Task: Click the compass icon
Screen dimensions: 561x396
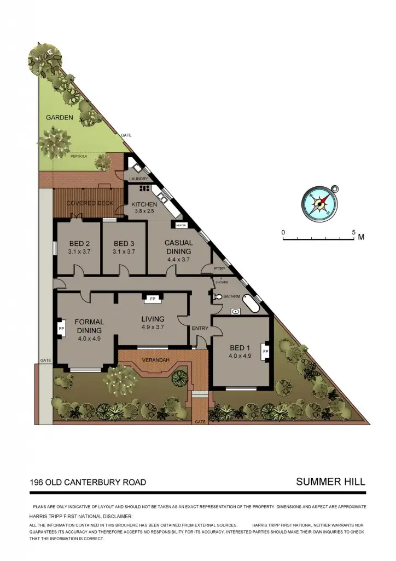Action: click(x=319, y=202)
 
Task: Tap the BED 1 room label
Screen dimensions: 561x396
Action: click(x=240, y=348)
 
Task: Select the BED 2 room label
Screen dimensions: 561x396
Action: click(x=79, y=244)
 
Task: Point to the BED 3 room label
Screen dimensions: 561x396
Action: click(x=124, y=244)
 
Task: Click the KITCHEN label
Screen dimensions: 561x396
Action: click(x=144, y=204)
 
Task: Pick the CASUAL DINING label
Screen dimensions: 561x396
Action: click(x=178, y=247)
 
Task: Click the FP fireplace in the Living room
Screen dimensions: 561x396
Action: click(x=152, y=299)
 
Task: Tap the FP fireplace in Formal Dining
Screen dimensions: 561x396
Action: click(x=61, y=329)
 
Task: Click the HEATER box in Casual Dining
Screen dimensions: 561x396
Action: click(x=181, y=225)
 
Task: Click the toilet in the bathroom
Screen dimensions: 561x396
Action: click(x=219, y=297)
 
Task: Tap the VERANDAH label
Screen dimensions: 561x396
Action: click(x=156, y=359)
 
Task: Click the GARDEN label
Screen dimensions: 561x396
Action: click(x=59, y=118)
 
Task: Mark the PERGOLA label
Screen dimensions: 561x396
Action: click(x=79, y=156)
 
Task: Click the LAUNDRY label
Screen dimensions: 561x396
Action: click(x=139, y=178)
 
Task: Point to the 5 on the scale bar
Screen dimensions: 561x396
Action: click(x=354, y=232)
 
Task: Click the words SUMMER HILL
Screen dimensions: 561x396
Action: click(x=330, y=482)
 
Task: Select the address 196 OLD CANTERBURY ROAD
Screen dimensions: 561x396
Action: click(x=88, y=482)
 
